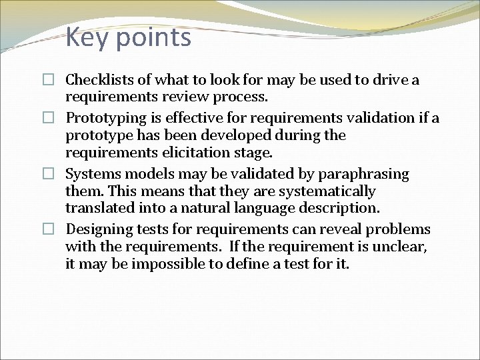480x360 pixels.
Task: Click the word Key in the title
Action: click(87, 37)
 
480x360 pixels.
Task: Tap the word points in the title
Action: click(153, 39)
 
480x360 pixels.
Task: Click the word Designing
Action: click(99, 230)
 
